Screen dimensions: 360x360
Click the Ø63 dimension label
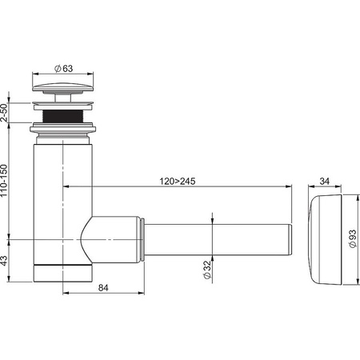coord(63,69)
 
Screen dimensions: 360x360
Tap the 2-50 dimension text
coord(4,113)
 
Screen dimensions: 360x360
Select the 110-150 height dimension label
coord(4,181)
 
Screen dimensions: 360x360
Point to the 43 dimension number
coord(4,261)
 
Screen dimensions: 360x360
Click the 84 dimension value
coord(103,288)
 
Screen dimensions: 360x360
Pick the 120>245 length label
coord(178,182)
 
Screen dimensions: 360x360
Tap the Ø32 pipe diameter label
coord(207,270)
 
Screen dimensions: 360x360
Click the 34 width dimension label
coord(325,182)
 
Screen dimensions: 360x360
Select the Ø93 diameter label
coord(353,238)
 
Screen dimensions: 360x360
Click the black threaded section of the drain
coord(62,116)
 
